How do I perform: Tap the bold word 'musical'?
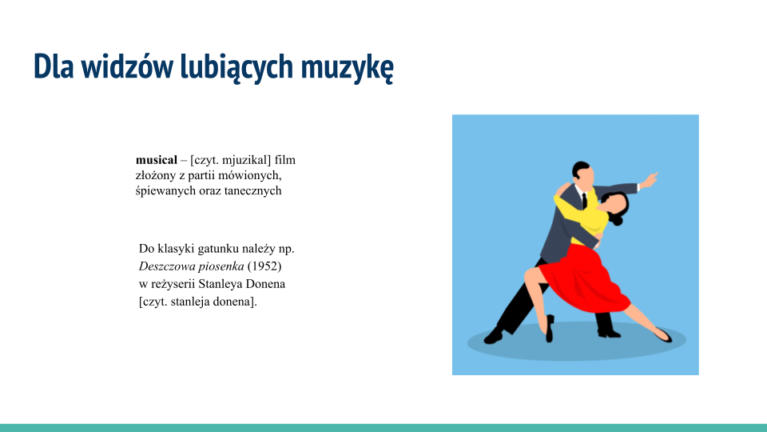click(x=156, y=160)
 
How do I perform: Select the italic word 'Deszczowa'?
click(x=166, y=265)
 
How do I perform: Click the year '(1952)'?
click(x=264, y=265)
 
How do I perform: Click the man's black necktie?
click(x=584, y=201)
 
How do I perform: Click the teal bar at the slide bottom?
click(x=383, y=427)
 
